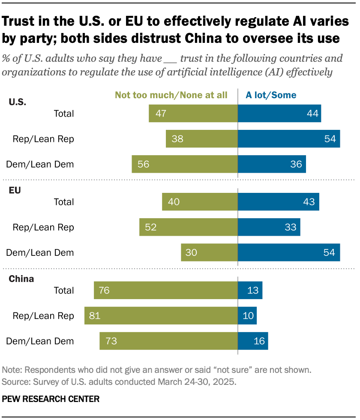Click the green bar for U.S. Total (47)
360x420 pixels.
click(x=193, y=114)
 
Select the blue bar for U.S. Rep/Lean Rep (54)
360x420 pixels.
click(x=289, y=139)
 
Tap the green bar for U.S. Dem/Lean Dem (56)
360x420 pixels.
click(x=185, y=164)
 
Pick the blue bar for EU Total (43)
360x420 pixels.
click(x=279, y=202)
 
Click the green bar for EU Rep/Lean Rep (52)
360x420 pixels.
click(x=189, y=227)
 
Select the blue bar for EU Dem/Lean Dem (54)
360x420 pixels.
click(x=289, y=252)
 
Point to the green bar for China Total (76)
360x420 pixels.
click(x=166, y=290)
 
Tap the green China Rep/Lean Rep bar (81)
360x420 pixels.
click(x=161, y=315)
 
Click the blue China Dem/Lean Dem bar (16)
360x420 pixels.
click(x=253, y=341)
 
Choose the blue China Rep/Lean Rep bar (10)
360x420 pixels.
click(x=247, y=315)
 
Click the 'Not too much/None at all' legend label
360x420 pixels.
click(x=171, y=95)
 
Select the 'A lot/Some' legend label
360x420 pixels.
click(x=270, y=95)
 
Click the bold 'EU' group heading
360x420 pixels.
click(x=15, y=191)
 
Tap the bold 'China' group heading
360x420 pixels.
click(x=21, y=279)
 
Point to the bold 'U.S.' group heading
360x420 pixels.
click(x=17, y=102)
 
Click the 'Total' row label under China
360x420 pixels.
click(x=63, y=290)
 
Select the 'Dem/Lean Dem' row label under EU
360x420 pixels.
click(x=40, y=252)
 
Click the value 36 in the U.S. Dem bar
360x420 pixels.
click(x=296, y=164)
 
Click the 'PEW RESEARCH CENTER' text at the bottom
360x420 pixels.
click(x=51, y=399)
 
